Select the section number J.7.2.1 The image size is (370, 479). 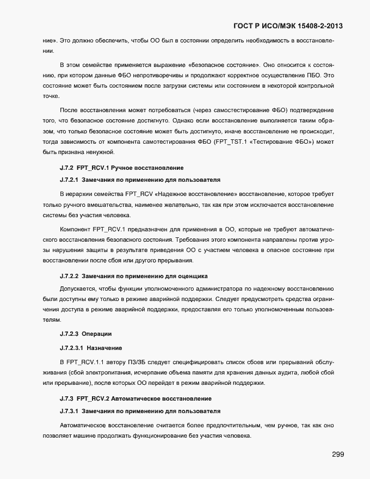coord(70,180)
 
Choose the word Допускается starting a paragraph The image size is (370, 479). coord(78,288)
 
